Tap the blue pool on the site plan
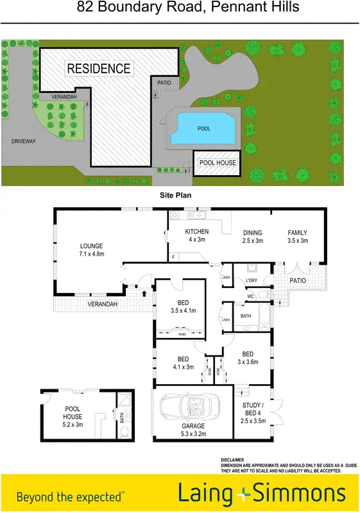click(203, 128)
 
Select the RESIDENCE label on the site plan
click(99, 69)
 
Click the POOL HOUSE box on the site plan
click(218, 163)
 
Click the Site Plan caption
click(176, 194)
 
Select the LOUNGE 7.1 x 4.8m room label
click(91, 249)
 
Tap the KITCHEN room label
click(197, 236)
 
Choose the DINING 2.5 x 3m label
click(253, 237)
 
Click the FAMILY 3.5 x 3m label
click(297, 237)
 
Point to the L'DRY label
click(251, 280)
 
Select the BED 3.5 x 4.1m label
click(183, 307)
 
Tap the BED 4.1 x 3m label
click(182, 363)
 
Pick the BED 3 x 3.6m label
click(247, 358)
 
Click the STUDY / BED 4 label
click(253, 412)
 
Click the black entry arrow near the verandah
click(143, 293)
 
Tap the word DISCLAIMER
click(233, 460)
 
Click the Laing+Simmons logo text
click(261, 494)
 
